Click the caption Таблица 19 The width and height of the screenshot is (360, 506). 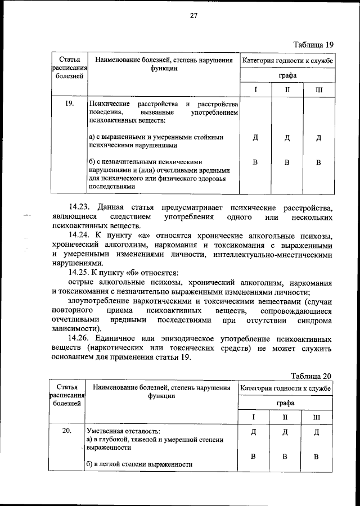[314, 44]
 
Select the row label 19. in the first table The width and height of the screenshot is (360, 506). [70, 104]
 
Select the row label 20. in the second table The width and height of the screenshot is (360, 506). [67, 431]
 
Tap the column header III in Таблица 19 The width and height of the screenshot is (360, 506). [319, 90]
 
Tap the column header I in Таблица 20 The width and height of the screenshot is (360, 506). [254, 417]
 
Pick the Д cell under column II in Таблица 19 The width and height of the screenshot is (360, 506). [287, 138]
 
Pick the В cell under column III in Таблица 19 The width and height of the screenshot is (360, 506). [318, 162]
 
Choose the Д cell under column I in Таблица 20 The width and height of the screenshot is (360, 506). [254, 432]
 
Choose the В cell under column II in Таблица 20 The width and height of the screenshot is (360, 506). [285, 456]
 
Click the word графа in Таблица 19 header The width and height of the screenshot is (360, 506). [286, 75]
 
